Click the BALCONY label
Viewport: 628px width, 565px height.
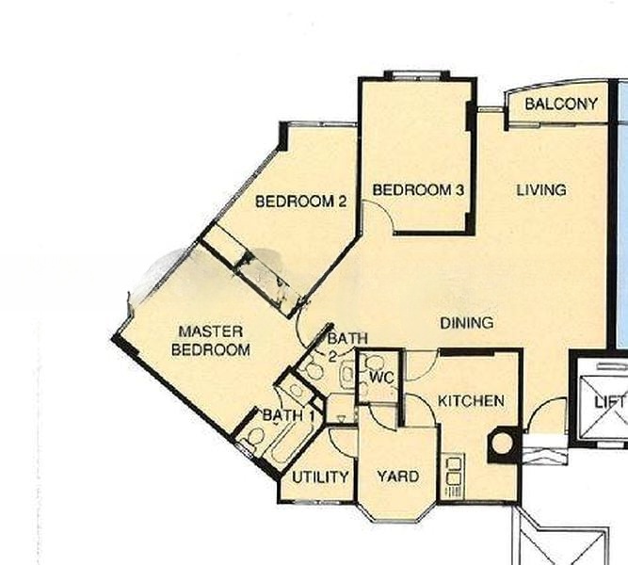point(561,104)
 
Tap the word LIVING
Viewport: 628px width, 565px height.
point(541,190)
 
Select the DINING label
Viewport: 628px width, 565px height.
point(466,323)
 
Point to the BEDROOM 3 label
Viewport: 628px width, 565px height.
point(419,190)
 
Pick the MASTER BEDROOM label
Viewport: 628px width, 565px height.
point(211,341)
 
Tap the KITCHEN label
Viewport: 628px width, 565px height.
point(471,401)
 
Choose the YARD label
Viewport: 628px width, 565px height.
point(397,476)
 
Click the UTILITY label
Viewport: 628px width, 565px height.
point(320,477)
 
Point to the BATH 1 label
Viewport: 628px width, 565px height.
point(288,415)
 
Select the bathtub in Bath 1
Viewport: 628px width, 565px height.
point(283,443)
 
